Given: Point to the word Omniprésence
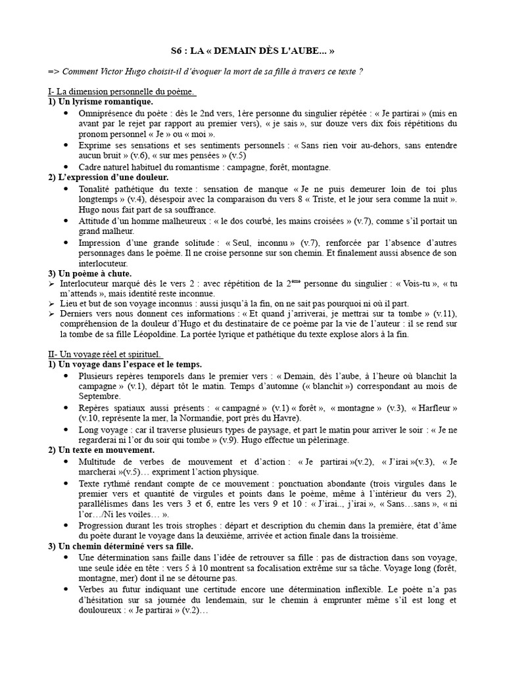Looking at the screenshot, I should tap(107, 113).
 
